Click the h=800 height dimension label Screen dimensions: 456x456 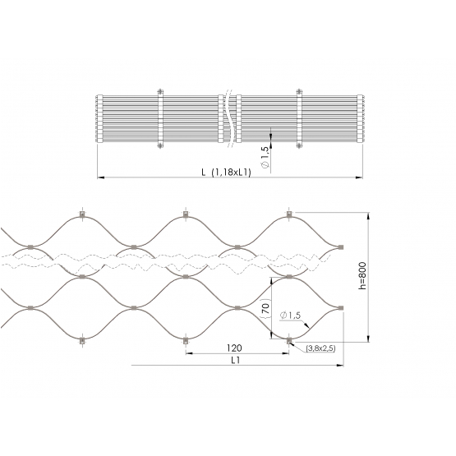(x=362, y=276)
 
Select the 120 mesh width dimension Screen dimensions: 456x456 (x=234, y=348)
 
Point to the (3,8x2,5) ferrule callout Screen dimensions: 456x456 (x=320, y=348)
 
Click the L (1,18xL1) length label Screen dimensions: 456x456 (x=226, y=173)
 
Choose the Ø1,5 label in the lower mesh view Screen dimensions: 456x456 (x=290, y=316)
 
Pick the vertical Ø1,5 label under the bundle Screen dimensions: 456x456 (x=265, y=157)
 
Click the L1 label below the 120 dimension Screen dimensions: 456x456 (x=236, y=361)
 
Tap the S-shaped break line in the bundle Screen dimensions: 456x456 (x=229, y=118)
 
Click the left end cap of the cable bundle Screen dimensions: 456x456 (x=99, y=118)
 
